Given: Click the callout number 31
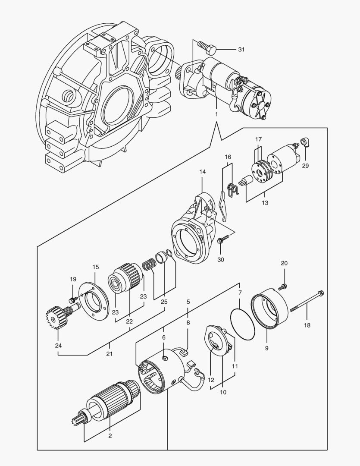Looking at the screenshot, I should coord(241,50).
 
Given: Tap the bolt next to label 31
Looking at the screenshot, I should coord(209,47).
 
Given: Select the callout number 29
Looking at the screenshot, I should coord(305,166).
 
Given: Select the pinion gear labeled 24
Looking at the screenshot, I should coord(55,318).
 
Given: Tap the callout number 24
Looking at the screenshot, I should coord(58,345).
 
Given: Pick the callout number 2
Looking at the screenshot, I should coord(110,436).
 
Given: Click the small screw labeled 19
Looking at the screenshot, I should coord(72,299).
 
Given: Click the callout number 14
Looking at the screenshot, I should coord(203,172).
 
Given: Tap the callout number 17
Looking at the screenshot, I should coord(258,139).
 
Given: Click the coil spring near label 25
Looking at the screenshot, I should coord(149,264).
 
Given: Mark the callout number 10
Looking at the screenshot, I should coord(222,392).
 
